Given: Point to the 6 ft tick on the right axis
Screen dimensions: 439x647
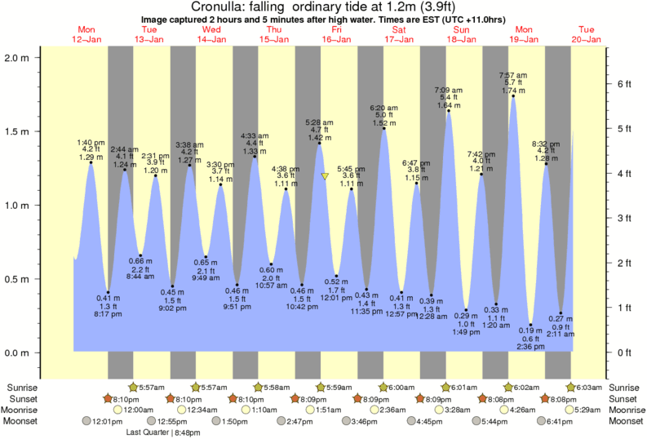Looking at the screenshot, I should [623, 84].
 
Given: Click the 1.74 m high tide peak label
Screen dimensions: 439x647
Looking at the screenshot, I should [512, 91].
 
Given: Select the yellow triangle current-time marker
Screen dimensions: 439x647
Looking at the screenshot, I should [325, 176].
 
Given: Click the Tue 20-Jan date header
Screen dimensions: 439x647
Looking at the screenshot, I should [587, 34].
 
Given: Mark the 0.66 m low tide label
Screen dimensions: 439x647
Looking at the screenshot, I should [142, 260].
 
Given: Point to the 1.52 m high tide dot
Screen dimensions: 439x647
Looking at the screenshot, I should [383, 128].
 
